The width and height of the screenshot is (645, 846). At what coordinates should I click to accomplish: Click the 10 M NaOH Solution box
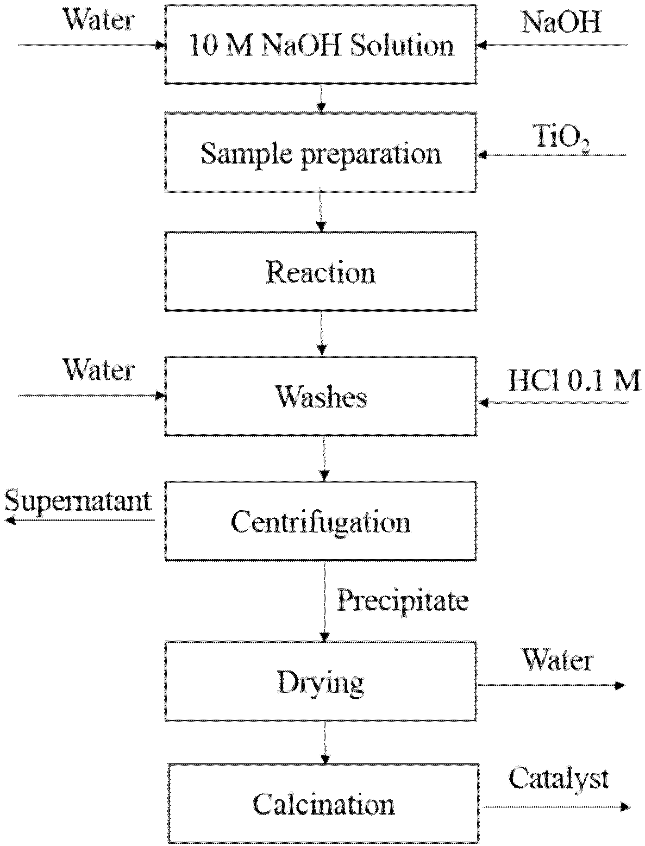(x=321, y=45)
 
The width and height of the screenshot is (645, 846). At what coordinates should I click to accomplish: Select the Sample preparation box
(x=321, y=153)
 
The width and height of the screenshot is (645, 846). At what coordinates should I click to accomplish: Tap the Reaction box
(x=321, y=272)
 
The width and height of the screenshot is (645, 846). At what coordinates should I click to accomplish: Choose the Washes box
(x=321, y=396)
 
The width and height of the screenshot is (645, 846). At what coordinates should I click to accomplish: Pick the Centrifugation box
(x=321, y=521)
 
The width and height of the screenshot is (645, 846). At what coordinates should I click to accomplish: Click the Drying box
(x=321, y=681)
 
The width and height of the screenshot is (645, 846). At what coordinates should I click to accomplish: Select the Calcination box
(x=324, y=803)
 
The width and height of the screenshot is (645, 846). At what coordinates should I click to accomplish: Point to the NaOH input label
(x=561, y=22)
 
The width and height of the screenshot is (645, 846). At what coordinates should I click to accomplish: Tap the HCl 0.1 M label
(x=574, y=381)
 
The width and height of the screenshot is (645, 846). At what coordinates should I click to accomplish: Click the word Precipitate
(x=403, y=600)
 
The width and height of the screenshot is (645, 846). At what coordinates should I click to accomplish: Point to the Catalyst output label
(x=559, y=778)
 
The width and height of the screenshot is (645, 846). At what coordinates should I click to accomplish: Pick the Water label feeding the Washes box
(x=98, y=370)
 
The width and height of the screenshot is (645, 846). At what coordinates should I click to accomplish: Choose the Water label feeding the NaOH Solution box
(x=98, y=20)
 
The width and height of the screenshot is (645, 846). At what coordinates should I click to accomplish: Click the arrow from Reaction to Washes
(x=322, y=333)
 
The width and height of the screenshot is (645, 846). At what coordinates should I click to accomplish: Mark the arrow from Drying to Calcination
(x=324, y=742)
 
